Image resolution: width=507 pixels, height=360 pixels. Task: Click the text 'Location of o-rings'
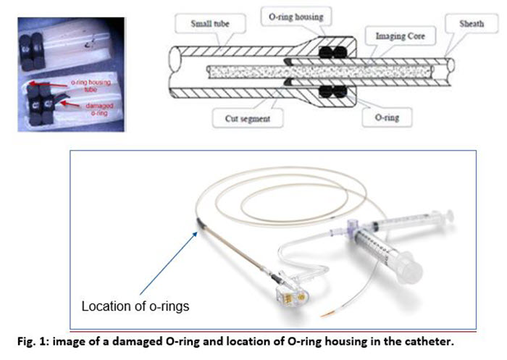135,306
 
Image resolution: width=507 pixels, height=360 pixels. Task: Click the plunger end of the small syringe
449,215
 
